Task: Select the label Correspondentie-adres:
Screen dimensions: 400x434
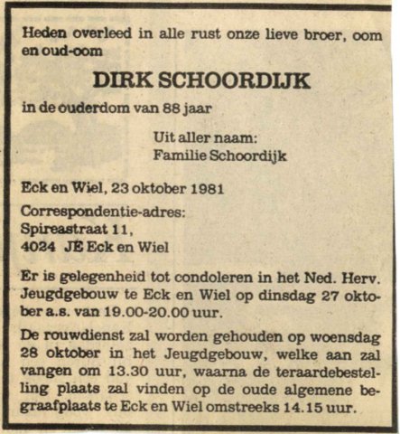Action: (x=100, y=214)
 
